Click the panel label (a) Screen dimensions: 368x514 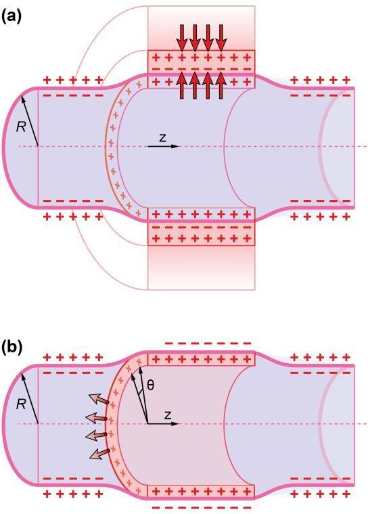click(x=11, y=16)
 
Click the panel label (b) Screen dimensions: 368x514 click(x=11, y=348)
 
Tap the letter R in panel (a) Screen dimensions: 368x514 click(x=21, y=127)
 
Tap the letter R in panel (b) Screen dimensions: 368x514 click(x=21, y=404)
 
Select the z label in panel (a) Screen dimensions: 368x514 click(x=162, y=138)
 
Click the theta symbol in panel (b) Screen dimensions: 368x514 click(x=150, y=385)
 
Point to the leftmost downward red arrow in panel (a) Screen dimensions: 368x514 click(x=182, y=38)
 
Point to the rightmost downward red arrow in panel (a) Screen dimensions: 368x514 click(x=221, y=38)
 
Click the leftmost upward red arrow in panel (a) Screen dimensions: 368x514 click(x=182, y=85)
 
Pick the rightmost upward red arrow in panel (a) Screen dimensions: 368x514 click(x=221, y=85)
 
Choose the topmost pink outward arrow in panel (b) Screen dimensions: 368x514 click(x=98, y=400)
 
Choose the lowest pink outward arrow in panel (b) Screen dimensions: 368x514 click(x=99, y=454)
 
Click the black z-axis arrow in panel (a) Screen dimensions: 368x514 click(x=163, y=146)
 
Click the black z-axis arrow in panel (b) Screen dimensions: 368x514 click(x=163, y=423)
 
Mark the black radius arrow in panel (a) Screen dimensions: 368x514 click(x=30, y=121)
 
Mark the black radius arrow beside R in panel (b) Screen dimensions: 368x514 click(x=30, y=398)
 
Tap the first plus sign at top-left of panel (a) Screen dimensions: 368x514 click(x=47, y=80)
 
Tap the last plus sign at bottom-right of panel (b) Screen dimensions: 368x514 click(x=346, y=494)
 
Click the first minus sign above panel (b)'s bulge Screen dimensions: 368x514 click(x=169, y=344)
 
